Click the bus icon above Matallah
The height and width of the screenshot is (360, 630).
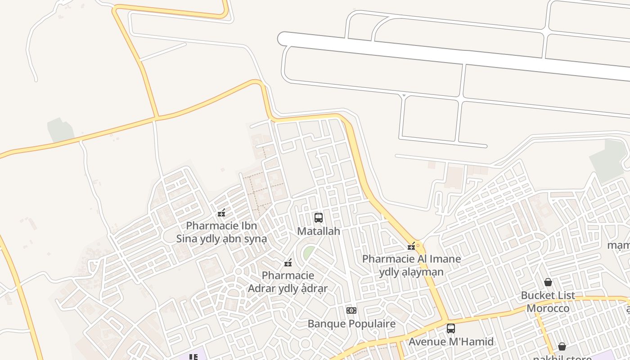319,218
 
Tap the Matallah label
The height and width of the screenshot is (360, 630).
319,231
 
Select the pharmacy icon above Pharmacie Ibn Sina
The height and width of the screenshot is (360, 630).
221,213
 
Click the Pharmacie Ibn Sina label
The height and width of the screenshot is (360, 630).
221,232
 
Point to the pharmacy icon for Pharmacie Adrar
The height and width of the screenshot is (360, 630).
288,262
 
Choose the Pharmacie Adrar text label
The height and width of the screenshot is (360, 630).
288,282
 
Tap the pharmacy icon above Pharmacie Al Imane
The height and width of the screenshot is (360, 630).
411,246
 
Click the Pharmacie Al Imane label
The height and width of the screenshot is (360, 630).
411,265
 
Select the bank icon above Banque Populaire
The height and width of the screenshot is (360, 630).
351,310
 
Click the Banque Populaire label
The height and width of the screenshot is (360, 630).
351,324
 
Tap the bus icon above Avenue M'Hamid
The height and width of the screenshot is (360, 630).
451,328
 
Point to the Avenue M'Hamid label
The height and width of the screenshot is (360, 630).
451,342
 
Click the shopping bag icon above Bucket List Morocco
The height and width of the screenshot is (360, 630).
548,282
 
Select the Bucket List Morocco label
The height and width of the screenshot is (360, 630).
548,302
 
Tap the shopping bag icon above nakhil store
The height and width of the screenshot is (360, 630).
562,346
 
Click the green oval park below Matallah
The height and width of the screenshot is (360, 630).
309,252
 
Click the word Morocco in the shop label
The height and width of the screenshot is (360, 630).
548,309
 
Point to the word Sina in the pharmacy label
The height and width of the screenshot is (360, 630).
187,239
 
